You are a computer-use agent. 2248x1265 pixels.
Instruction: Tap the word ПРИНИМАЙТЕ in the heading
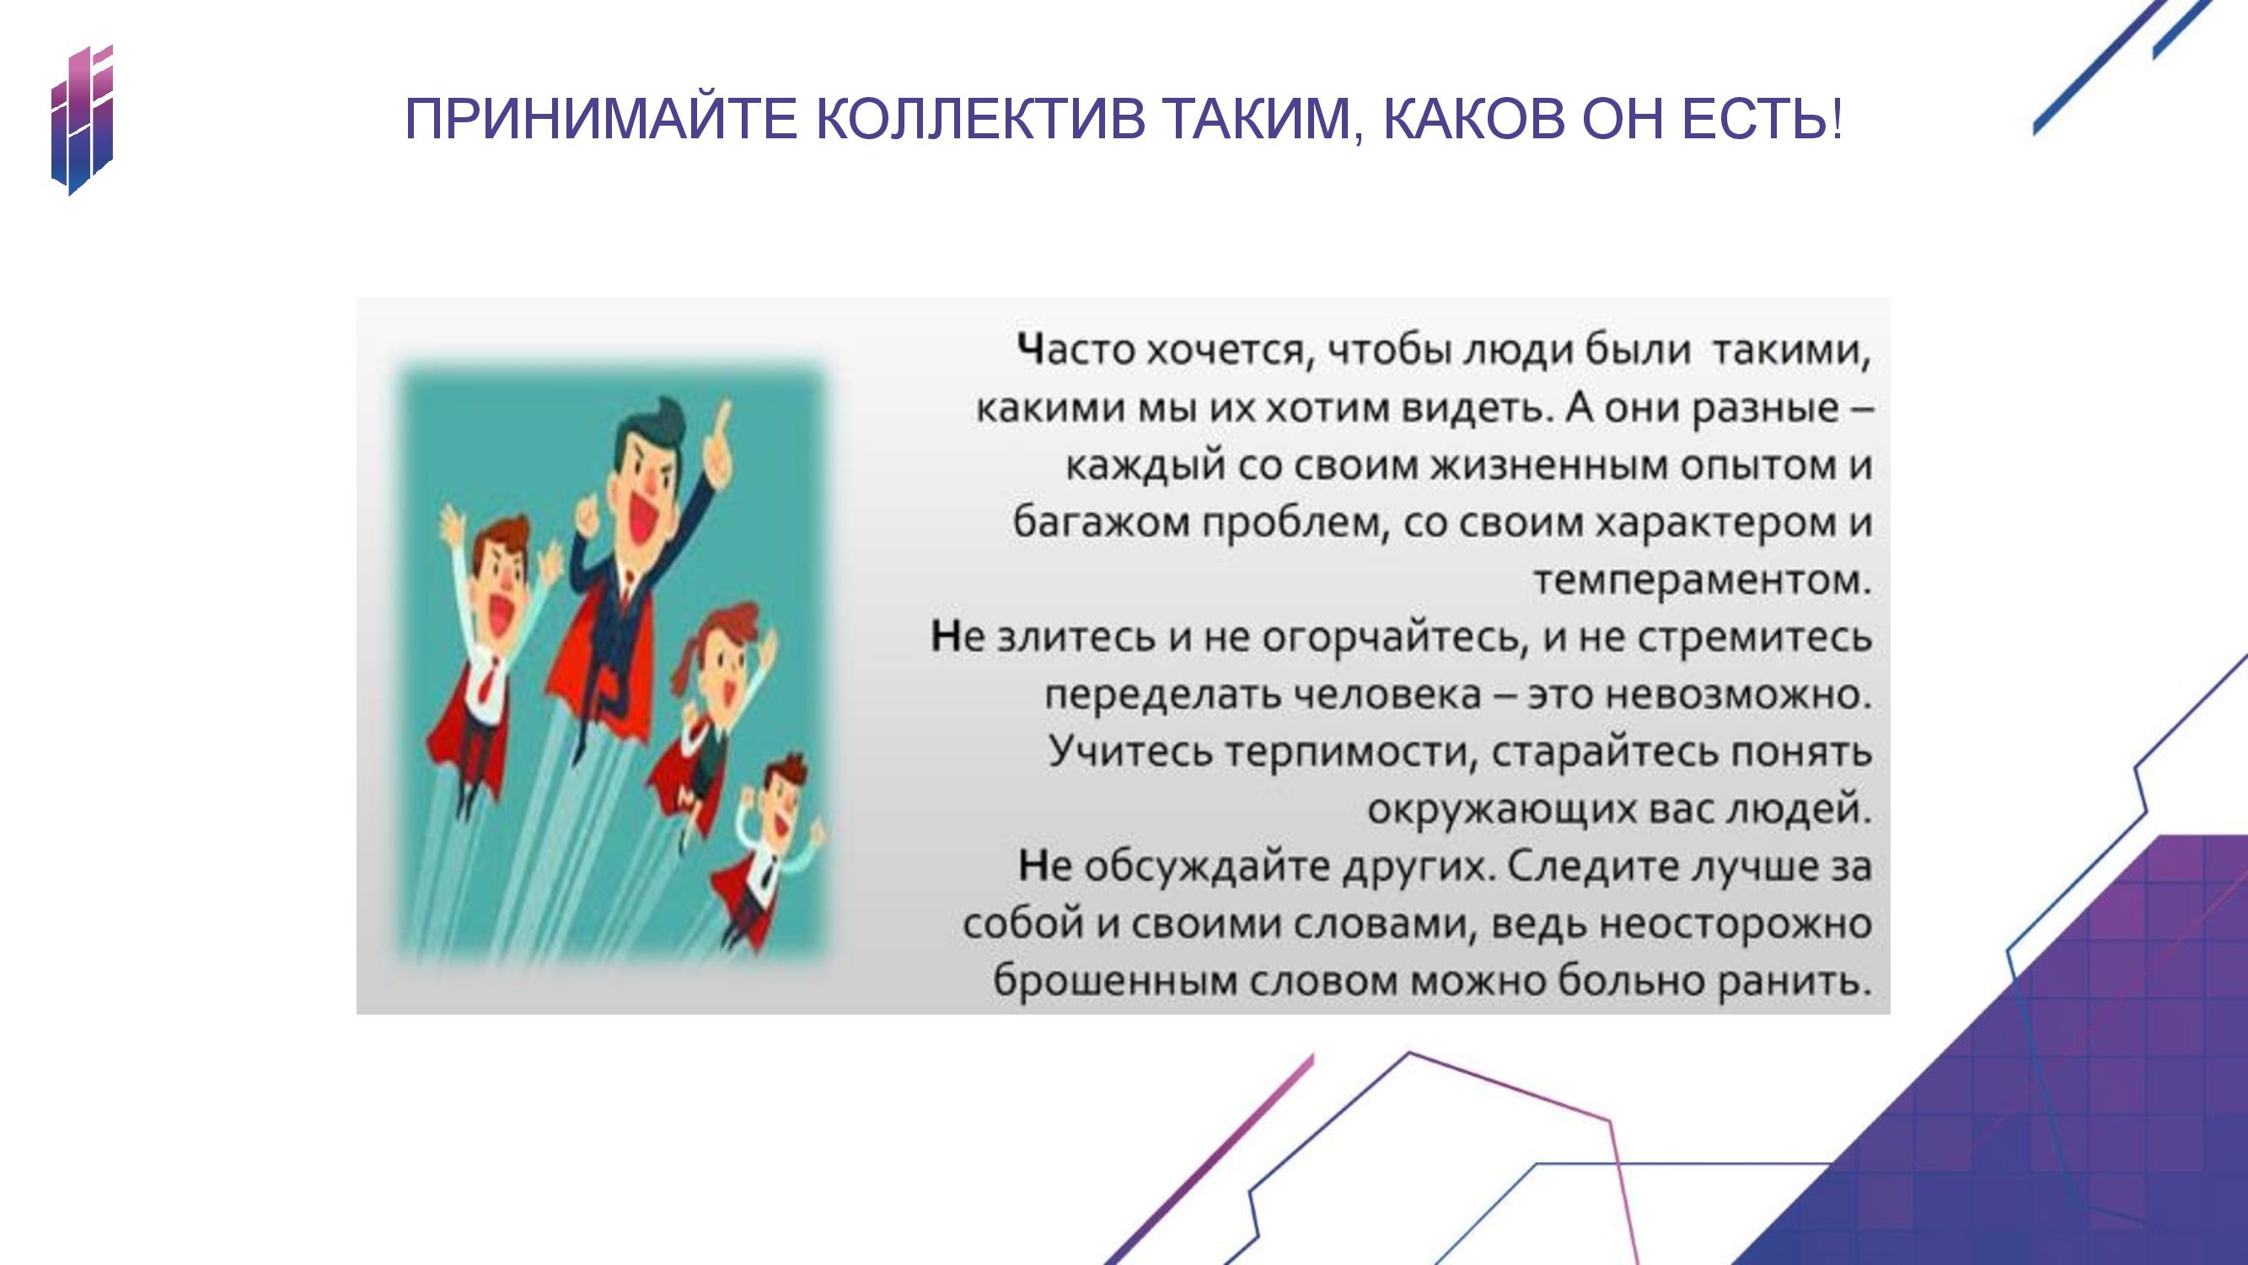coord(601,119)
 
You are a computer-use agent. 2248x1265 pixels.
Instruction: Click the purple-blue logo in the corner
coord(82,120)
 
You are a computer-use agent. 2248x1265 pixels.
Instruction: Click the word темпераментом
coord(1703,579)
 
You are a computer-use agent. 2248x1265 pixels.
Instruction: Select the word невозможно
coord(1738,695)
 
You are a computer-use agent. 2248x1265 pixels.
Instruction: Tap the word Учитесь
coord(1129,751)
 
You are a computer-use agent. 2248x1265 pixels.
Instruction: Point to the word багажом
coord(1101,523)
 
